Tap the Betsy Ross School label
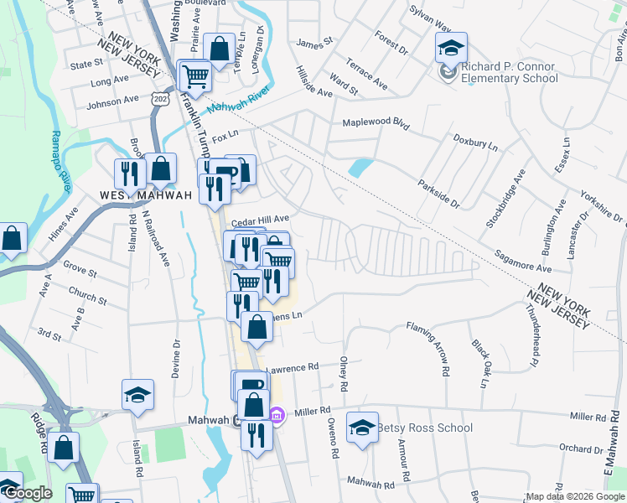(424, 428)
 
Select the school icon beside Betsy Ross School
(362, 429)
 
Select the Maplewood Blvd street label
(376, 123)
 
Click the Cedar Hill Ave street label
(260, 220)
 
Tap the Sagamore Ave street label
(522, 260)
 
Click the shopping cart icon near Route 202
(195, 76)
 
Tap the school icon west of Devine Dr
(137, 395)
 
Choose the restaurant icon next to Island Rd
(129, 174)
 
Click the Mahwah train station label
(208, 419)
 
